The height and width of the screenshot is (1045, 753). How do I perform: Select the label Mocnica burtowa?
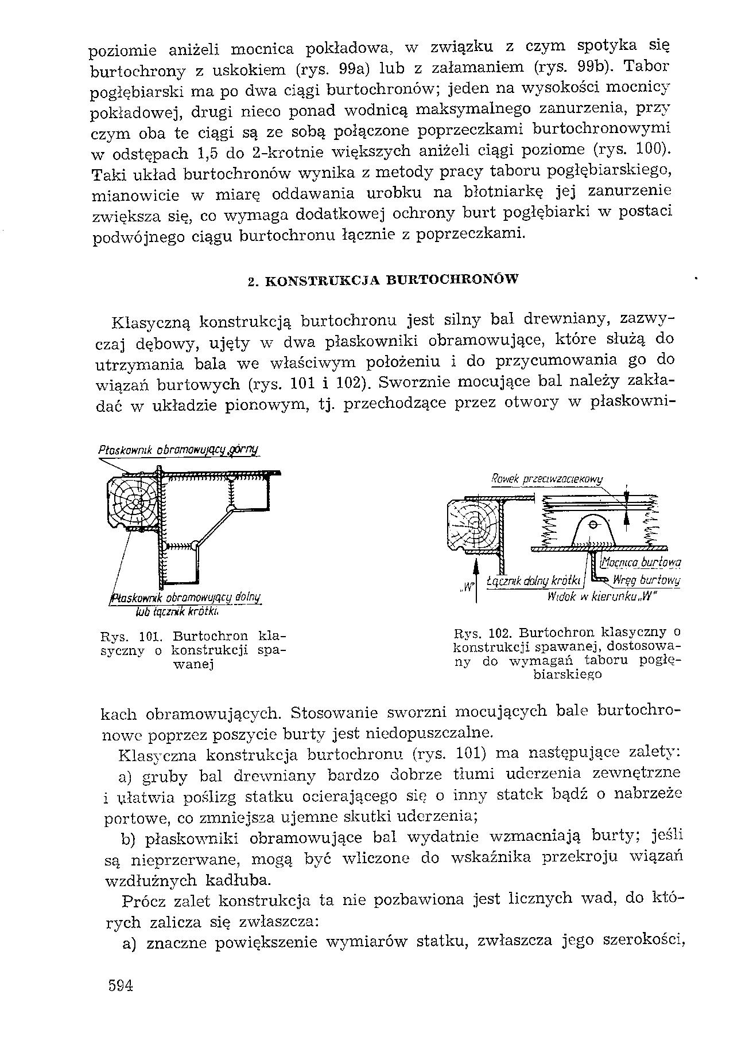(x=640, y=562)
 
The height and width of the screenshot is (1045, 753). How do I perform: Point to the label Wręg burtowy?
(x=646, y=580)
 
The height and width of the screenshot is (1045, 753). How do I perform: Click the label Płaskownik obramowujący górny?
(x=178, y=450)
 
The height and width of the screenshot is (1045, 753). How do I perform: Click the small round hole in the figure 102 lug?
(x=593, y=526)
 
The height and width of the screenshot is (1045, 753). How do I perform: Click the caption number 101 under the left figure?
(x=150, y=636)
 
